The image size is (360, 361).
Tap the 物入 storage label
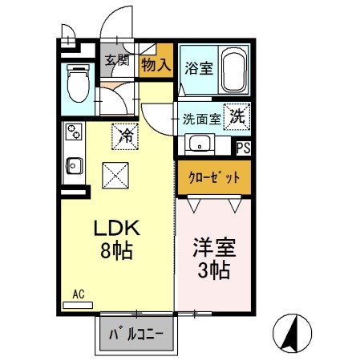tap(156, 65)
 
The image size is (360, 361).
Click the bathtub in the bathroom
tap(233, 71)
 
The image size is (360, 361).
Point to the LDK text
tap(115, 226)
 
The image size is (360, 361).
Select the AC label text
tap(79, 294)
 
